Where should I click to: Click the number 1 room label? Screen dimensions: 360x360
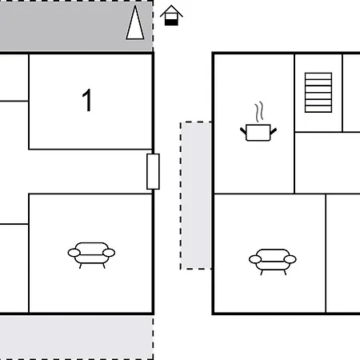(87, 100)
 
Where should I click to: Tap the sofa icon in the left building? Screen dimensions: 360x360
(91, 255)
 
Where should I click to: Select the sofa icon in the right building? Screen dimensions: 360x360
(273, 262)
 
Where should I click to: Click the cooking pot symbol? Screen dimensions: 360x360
(258, 132)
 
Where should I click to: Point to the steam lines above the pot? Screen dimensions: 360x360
(259, 112)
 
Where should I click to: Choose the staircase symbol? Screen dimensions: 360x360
(318, 93)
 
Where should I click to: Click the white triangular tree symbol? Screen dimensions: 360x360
(135, 22)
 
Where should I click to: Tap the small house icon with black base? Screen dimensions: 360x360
(171, 15)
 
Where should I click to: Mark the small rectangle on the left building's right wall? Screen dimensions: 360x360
(153, 171)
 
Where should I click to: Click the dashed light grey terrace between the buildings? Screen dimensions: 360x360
(196, 195)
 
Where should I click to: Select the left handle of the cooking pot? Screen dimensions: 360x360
(243, 130)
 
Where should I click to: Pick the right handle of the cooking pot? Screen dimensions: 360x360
(274, 130)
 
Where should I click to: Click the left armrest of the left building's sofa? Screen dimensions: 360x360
(74, 253)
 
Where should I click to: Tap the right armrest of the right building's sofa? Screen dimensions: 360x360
(290, 259)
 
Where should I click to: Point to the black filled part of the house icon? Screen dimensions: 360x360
(171, 22)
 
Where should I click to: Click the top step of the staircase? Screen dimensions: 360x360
(318, 76)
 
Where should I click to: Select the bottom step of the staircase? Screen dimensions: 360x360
(318, 109)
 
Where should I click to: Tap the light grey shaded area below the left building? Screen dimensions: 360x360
(76, 337)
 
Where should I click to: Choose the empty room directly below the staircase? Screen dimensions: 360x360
(327, 162)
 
